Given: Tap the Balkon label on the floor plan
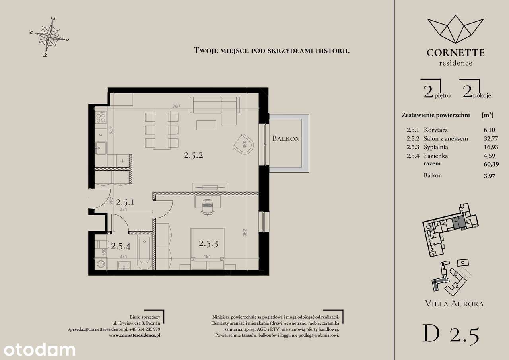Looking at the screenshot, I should coord(286,139).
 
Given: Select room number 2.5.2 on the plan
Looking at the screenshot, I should coord(194,156).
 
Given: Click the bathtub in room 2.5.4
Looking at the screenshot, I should coord(144,250).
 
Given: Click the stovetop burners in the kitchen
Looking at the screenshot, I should coord(101,116).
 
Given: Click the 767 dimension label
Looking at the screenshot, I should coord(177,106).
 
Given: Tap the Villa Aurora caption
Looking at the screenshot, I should coord(455,304).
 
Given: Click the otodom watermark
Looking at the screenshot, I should coord(38,350).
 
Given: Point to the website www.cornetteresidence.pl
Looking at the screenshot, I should coord(134,335).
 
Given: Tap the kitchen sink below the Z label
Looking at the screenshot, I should coord(101,148).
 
